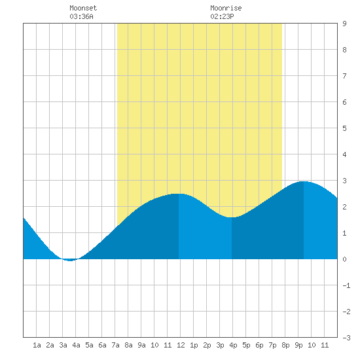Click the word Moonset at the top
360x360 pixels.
83,8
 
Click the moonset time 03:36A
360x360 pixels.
81,16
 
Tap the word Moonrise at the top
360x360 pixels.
226,8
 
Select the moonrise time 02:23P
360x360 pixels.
222,16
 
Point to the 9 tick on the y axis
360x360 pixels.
344,24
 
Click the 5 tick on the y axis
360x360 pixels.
344,128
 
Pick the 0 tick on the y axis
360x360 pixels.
344,259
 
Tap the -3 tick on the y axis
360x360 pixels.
346,338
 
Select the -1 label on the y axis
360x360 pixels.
346,285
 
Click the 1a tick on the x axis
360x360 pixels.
37,345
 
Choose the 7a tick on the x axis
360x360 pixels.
115,345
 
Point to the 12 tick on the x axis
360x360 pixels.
181,345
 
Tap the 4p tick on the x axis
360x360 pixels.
233,345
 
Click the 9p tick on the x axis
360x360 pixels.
298,345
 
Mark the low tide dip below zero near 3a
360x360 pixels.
70,260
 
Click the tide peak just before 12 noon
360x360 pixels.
179,194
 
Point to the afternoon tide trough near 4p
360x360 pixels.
232,217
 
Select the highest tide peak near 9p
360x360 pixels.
304,181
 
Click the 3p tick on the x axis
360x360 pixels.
220,345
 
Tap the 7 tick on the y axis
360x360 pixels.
344,76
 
